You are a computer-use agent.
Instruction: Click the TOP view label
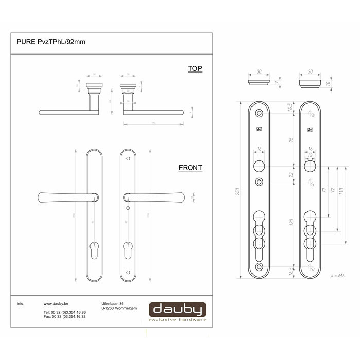[195, 69]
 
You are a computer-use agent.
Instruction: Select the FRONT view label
[190, 168]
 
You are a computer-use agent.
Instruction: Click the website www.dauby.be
[57, 304]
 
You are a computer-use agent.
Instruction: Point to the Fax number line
[64, 317]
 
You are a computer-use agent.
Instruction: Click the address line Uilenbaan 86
[114, 304]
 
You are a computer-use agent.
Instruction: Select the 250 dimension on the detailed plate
[237, 190]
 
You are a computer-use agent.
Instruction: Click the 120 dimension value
[291, 223]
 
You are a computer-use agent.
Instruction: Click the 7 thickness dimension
[276, 82]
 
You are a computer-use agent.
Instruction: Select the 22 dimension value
[291, 175]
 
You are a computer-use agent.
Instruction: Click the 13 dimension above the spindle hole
[310, 155]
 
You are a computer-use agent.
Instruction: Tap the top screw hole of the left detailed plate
[259, 113]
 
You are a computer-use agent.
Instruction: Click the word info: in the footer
[21, 304]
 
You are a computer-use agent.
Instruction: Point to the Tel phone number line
[64, 312]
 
